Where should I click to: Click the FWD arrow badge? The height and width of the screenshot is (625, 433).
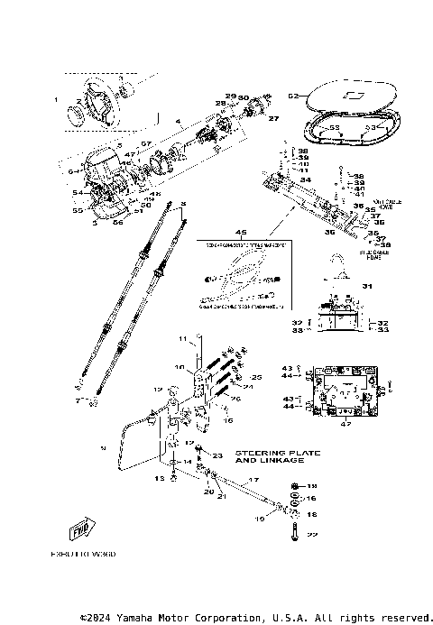(80, 528)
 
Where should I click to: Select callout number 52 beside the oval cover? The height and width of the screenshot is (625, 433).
(291, 95)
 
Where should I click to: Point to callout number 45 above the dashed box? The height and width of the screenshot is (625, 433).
(239, 231)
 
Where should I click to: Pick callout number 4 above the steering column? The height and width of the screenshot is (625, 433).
(178, 121)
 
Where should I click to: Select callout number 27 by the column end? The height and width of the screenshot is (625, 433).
(274, 118)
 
